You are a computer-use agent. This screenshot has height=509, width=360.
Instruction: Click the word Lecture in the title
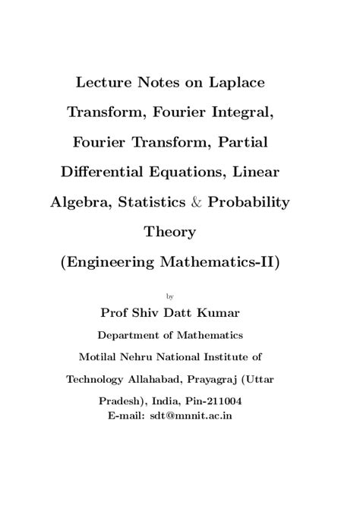tap(110, 78)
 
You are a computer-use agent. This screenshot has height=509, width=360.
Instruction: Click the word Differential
tap(116, 172)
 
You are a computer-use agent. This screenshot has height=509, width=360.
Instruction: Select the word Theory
tap(179, 232)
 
